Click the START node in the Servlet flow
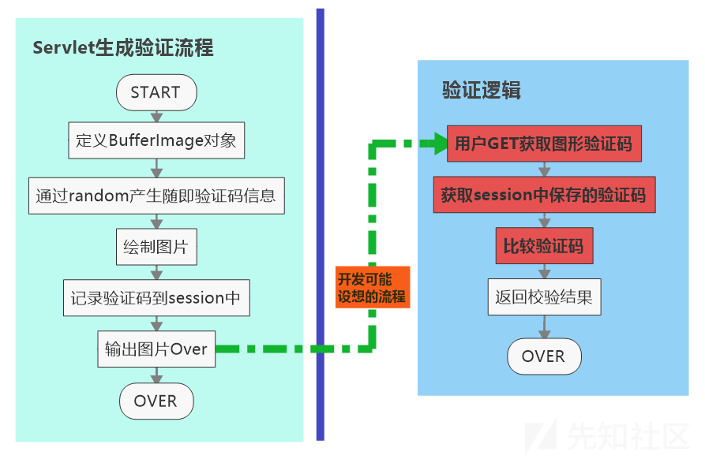(x=156, y=92)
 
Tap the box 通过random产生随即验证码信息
(x=156, y=196)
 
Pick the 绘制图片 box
(x=156, y=247)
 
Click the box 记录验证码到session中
(x=156, y=298)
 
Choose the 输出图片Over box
(x=156, y=349)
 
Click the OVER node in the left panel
(x=156, y=401)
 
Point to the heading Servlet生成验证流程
(x=123, y=48)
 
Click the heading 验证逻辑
(x=481, y=90)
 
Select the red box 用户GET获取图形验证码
(x=543, y=144)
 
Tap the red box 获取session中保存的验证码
(x=543, y=195)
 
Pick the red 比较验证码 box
(x=543, y=246)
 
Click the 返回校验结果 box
(x=543, y=297)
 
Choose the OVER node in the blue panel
(x=543, y=356)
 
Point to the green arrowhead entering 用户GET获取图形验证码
(x=437, y=144)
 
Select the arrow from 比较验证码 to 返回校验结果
(x=543, y=271)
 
